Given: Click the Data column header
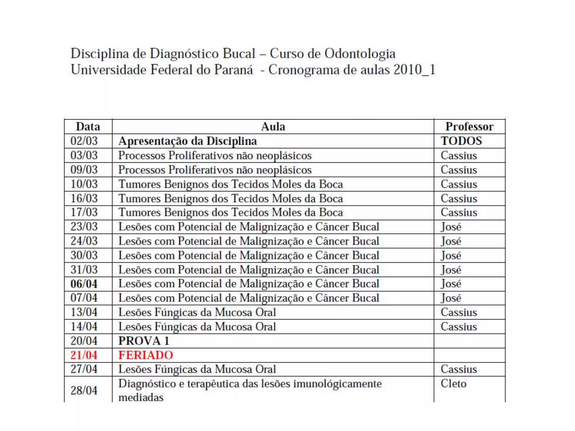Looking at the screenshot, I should [88, 127].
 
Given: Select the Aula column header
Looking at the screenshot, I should [273, 127].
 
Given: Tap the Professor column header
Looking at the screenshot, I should [469, 127].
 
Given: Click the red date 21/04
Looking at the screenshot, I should [84, 355].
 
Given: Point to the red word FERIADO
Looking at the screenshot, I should [146, 355].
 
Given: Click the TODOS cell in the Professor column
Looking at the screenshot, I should [461, 141].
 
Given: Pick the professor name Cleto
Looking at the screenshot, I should [453, 383].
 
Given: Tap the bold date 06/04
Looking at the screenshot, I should [84, 284].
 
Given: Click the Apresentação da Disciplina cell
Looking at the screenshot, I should [188, 141].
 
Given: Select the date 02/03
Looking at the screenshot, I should [84, 141].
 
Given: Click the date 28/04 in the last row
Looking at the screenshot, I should [84, 390].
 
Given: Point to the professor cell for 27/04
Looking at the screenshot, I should [459, 369].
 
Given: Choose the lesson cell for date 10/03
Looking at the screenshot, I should [231, 184].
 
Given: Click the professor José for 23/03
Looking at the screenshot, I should [451, 226].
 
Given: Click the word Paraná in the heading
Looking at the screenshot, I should [233, 70].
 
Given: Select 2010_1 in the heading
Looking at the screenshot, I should [414, 70].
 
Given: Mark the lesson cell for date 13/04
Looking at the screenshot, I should [197, 312].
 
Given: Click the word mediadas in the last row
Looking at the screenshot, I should [141, 397].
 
